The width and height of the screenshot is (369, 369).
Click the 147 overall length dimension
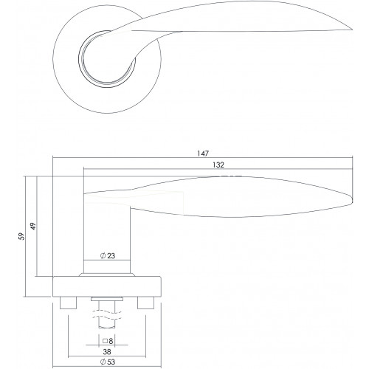[x=203, y=154]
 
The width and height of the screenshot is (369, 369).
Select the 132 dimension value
[x=218, y=165]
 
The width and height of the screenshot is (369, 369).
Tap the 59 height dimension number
[x=22, y=236]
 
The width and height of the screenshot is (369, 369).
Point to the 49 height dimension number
[x=33, y=227]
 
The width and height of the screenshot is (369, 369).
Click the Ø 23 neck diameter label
[x=108, y=256]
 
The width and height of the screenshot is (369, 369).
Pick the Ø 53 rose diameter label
[x=108, y=362]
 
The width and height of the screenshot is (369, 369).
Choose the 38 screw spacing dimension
[x=107, y=352]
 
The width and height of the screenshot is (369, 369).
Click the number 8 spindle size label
[x=111, y=341]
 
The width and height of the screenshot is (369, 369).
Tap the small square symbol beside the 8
[x=105, y=341]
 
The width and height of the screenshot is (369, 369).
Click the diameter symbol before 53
[x=103, y=362]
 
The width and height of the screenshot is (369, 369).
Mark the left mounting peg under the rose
[x=69, y=303]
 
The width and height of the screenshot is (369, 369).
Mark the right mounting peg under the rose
[x=145, y=303]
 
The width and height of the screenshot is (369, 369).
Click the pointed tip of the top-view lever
[x=352, y=30]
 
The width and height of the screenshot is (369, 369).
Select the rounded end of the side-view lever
[x=352, y=201]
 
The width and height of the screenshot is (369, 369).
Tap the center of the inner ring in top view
[x=107, y=59]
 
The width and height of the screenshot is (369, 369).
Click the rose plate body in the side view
[x=107, y=286]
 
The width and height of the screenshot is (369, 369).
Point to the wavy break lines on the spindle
[x=107, y=315]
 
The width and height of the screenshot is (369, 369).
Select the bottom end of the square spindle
[x=107, y=327]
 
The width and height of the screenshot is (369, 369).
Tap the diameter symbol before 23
[x=103, y=256]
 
